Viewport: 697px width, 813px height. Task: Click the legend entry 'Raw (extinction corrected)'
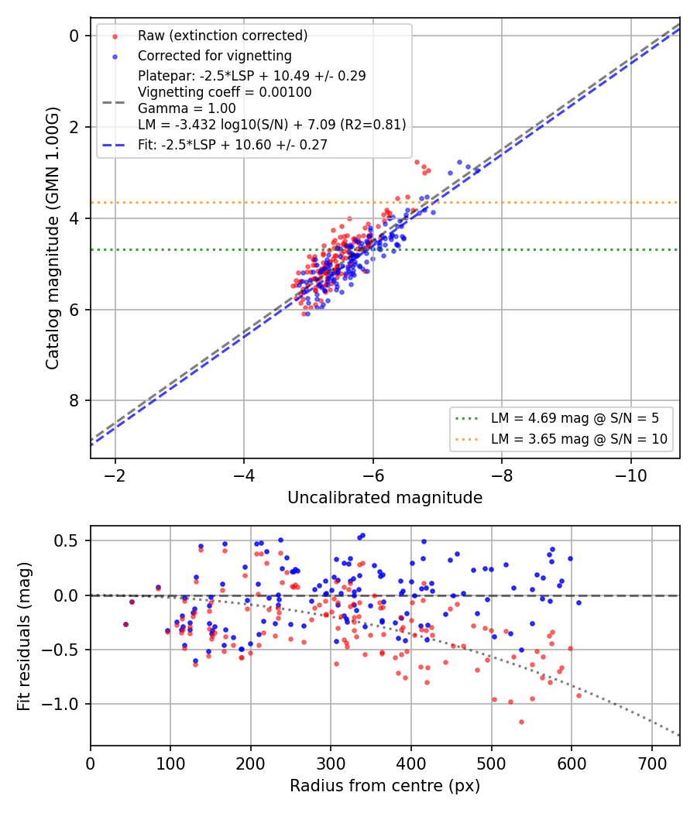[222, 36]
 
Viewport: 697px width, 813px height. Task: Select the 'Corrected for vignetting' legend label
[215, 56]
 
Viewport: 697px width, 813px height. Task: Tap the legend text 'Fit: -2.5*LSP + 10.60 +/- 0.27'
[232, 145]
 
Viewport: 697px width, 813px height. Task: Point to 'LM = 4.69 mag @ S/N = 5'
[575, 418]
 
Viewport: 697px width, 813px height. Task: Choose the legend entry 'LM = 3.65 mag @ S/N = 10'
[579, 439]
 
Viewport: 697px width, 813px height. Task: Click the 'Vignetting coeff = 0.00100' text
[225, 92]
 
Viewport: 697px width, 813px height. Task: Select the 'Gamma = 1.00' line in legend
[187, 108]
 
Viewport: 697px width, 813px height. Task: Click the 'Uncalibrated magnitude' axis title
[385, 498]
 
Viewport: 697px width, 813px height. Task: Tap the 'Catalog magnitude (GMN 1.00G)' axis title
[52, 238]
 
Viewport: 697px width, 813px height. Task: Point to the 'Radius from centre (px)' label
[385, 786]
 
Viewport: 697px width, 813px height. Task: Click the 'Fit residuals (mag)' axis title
[24, 636]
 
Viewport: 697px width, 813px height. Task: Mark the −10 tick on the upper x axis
[630, 475]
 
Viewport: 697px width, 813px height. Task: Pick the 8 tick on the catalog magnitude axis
[74, 401]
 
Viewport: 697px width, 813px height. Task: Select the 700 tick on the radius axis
[652, 763]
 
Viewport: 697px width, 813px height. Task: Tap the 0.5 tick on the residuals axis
[67, 540]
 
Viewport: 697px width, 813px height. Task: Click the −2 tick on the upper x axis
[115, 475]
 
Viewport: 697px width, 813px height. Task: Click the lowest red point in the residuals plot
[521, 722]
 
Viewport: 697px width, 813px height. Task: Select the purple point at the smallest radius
[125, 624]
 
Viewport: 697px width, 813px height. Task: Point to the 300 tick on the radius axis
[331, 763]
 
